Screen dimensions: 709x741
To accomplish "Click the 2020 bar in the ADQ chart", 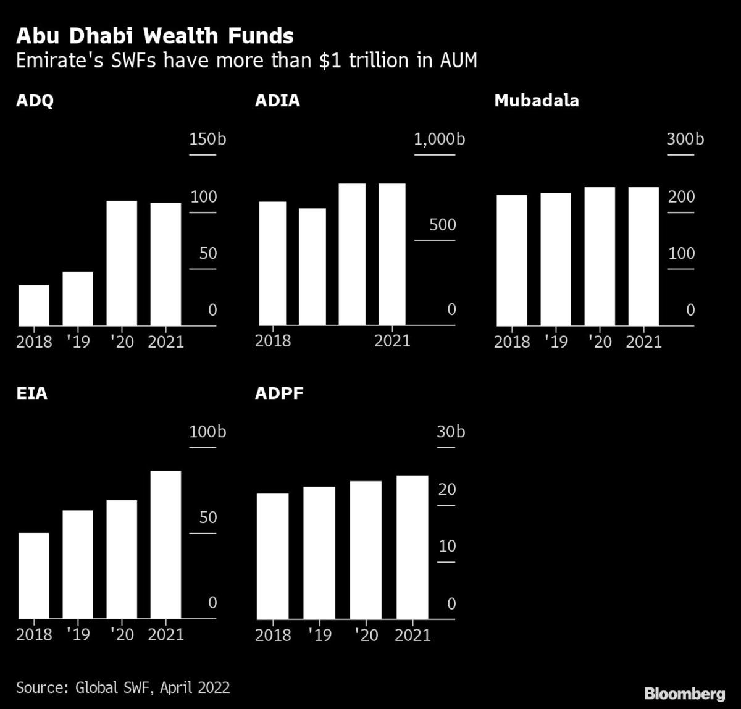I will [122, 263].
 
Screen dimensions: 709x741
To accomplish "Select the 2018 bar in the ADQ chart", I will [34, 305].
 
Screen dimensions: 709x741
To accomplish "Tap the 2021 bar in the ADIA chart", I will [391, 254].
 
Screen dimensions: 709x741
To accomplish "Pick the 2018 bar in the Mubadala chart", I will [512, 260].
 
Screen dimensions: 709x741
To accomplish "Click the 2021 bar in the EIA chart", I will [165, 544].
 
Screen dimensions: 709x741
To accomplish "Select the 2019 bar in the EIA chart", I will [78, 564].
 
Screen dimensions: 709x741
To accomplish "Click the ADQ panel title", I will [35, 101].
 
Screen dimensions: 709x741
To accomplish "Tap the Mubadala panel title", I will [536, 101].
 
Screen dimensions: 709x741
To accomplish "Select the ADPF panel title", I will [279, 393].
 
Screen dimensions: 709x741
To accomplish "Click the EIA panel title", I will [31, 393].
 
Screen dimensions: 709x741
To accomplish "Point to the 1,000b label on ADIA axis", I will [439, 139].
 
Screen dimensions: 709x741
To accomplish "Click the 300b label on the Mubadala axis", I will [685, 139].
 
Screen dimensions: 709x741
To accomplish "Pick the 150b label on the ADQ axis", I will [207, 139].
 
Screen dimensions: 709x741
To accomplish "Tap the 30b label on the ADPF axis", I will [451, 432].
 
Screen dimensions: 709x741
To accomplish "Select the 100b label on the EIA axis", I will [207, 432].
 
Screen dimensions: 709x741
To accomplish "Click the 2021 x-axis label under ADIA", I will [392, 341].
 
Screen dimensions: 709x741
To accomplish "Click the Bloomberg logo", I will [684, 694].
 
